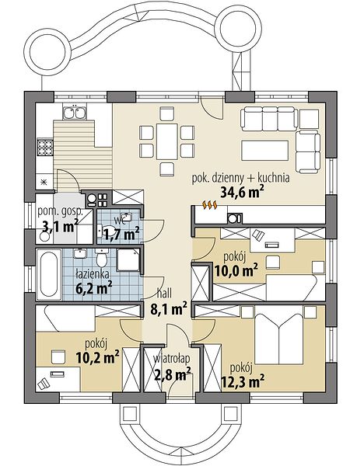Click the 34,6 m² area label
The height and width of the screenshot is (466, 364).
coord(242,193)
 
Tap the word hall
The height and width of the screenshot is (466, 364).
coord(164,294)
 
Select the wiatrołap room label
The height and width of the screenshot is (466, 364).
coord(171,359)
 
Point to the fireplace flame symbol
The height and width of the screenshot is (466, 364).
coord(210,205)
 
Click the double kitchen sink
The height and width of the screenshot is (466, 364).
coord(75,111)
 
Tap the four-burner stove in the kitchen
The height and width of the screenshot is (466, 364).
coord(45,147)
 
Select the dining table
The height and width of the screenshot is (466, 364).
coord(166,141)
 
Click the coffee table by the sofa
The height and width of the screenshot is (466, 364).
coord(265,151)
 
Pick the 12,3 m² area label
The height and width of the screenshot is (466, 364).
coord(243,381)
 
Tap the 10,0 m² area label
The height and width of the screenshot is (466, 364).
coord(236,270)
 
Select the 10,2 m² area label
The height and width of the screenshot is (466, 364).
coord(98,356)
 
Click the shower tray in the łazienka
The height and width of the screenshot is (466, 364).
coord(128,259)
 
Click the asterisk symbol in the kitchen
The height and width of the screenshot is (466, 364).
coord(44,183)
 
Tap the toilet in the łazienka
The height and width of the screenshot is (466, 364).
coord(102,259)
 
